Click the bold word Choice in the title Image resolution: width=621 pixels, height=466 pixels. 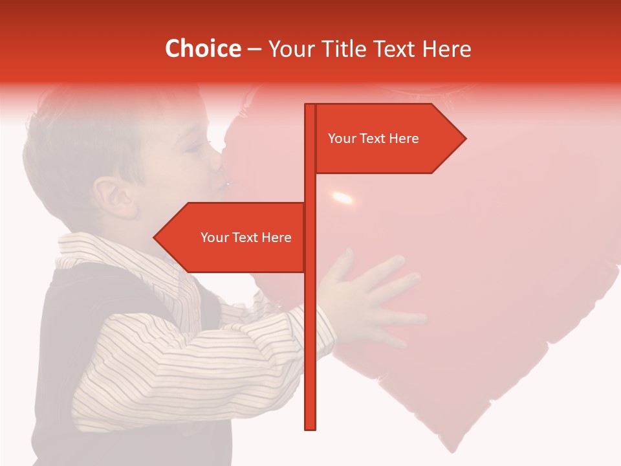(202, 49)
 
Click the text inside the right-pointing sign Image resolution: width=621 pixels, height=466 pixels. (373, 139)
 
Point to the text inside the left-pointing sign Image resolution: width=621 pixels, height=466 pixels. (246, 238)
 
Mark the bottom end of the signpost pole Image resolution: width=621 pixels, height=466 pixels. (310, 427)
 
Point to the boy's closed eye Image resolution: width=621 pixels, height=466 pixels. (193, 148)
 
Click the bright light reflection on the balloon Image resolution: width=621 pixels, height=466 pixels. (342, 197)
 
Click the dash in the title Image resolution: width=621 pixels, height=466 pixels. (254, 49)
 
